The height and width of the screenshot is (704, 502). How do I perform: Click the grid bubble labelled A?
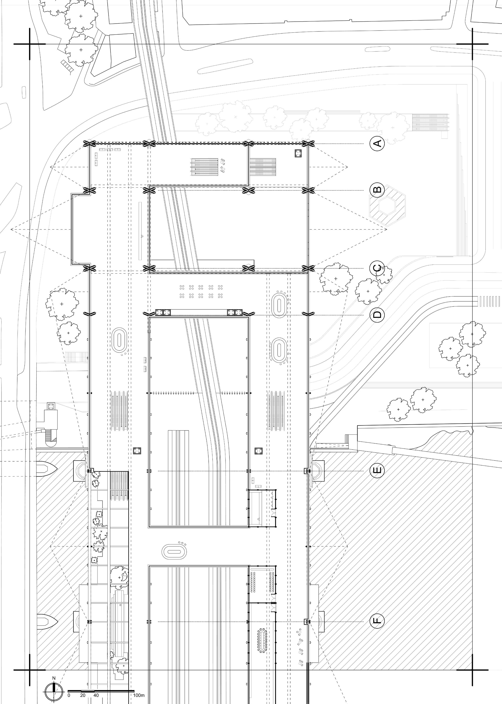[x=377, y=144]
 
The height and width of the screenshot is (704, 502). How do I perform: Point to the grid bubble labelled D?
[x=377, y=315]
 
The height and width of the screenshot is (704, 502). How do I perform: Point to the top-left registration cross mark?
[x=30, y=44]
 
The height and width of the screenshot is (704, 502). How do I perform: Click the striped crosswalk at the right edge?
[x=489, y=301]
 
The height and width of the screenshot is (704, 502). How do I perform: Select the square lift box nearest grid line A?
[x=299, y=153]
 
